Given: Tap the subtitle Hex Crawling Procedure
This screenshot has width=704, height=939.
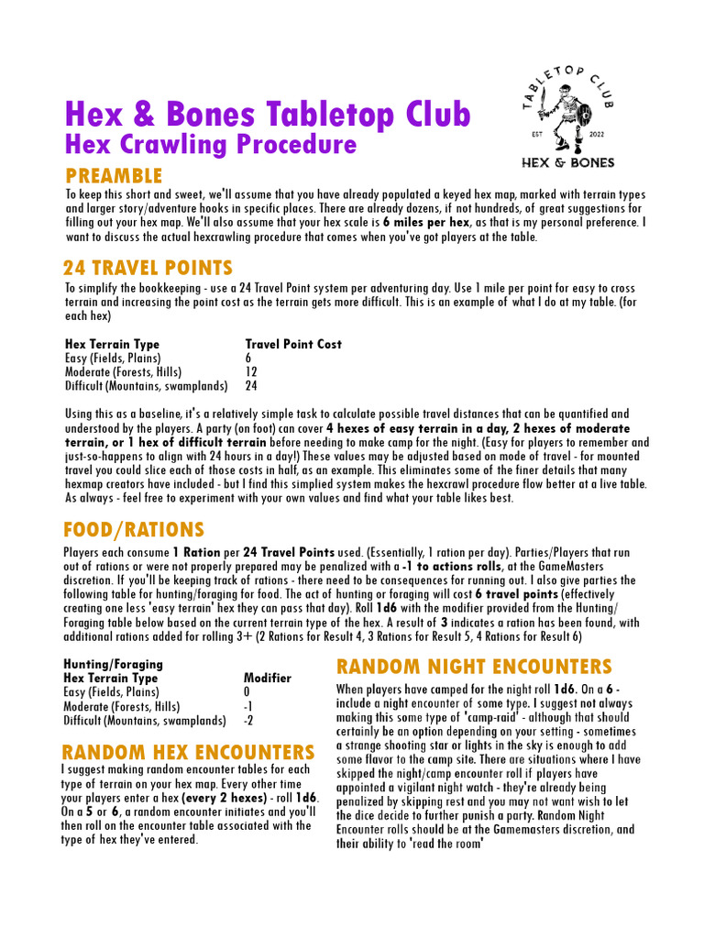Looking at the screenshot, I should point(210,145).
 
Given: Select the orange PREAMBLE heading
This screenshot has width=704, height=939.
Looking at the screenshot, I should point(114,176).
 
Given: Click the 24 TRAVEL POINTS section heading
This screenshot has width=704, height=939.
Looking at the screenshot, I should point(148,268).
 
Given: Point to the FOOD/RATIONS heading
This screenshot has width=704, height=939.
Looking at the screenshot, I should point(134,530).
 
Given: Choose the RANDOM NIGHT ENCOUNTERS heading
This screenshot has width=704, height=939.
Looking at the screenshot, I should point(474,667).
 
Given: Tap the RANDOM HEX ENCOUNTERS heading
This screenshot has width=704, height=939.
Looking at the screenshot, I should point(189,752).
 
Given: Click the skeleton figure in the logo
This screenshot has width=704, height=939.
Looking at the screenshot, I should point(568,118).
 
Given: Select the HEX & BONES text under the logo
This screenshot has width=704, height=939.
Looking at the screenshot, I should point(568,162).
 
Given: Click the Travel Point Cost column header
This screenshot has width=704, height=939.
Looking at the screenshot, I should point(293,344).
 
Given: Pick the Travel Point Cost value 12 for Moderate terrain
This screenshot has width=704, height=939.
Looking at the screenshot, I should point(252,372).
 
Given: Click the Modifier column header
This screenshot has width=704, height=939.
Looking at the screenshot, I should point(268,678).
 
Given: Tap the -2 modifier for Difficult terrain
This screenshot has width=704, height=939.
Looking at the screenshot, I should point(248,720).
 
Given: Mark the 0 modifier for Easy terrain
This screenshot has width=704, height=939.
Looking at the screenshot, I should point(247,692).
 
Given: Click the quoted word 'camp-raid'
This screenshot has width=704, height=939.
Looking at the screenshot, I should point(476,718).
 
